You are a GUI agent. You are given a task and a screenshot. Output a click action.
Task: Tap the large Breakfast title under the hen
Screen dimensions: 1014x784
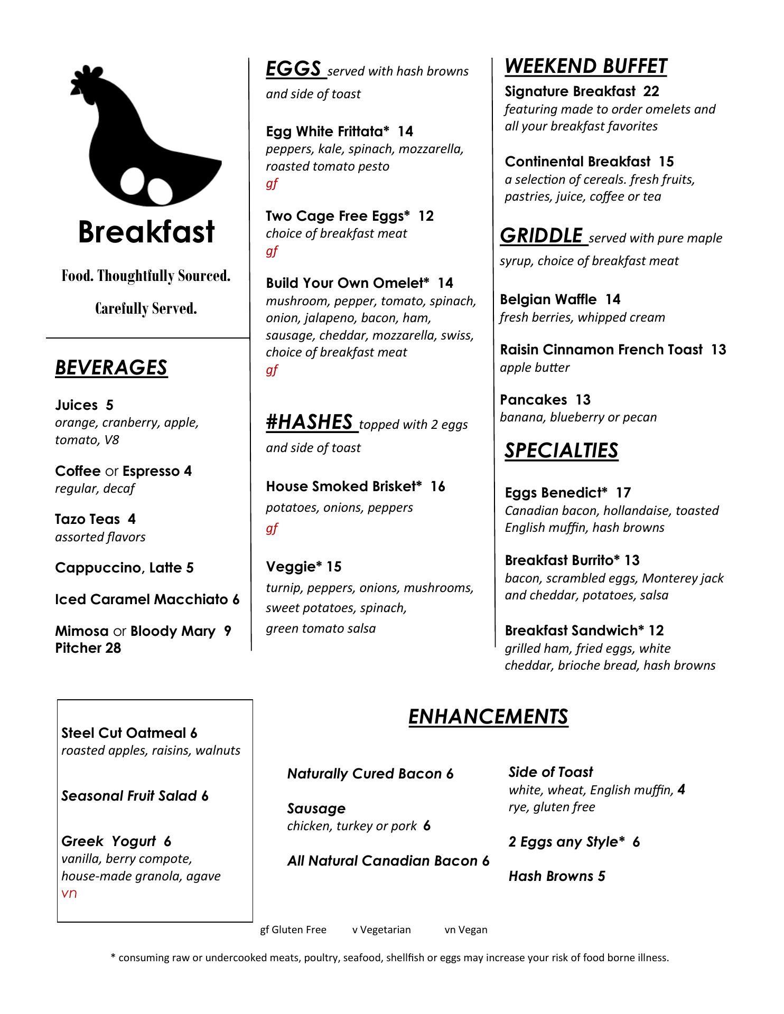tap(146, 232)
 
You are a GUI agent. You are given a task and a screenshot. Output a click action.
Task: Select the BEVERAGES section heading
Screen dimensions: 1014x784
tap(111, 368)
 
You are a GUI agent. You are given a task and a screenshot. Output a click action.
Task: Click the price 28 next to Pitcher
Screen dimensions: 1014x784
tap(113, 648)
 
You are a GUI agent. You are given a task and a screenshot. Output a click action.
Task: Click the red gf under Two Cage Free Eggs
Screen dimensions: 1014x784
tap(272, 251)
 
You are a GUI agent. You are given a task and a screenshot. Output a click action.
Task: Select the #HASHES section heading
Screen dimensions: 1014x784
tap(310, 422)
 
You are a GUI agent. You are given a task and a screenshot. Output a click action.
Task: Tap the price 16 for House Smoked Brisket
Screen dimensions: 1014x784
tap(437, 486)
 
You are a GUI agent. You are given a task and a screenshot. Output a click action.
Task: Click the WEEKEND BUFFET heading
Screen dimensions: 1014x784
tap(585, 67)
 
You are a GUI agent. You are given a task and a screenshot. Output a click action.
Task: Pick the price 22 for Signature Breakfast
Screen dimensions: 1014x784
tap(651, 91)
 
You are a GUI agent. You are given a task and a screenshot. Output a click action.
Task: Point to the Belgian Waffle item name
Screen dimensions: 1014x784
tap(548, 299)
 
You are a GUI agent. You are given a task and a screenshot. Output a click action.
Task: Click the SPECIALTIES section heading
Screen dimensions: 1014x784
tap(561, 450)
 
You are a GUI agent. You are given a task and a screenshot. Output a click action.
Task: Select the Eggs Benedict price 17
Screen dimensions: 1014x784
tap(623, 493)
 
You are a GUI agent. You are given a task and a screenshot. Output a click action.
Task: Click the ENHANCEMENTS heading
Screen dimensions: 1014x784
tap(488, 717)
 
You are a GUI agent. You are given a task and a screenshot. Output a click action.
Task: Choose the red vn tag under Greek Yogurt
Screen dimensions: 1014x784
tap(69, 894)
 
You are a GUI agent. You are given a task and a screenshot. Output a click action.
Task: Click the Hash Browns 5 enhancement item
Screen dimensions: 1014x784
tap(557, 876)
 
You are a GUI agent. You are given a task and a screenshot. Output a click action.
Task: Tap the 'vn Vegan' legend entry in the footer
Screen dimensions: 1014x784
tap(466, 929)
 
